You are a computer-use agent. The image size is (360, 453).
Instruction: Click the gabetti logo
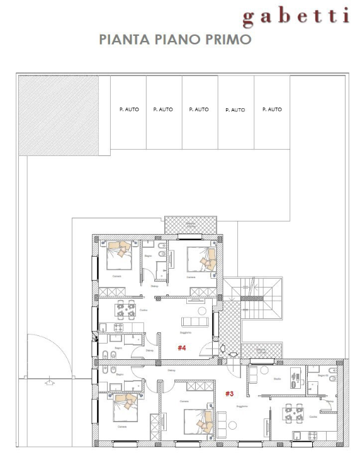click(295, 16)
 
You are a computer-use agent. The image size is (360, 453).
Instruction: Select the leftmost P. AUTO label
click(129, 109)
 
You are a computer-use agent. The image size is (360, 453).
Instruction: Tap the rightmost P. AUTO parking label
click(272, 109)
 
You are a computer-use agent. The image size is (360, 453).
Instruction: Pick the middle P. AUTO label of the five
click(199, 109)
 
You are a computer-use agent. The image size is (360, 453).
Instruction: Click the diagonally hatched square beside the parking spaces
click(58, 115)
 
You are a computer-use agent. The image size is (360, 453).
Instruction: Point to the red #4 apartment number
click(182, 347)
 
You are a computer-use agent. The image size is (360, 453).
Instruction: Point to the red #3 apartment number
click(230, 394)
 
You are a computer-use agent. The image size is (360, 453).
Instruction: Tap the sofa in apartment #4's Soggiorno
click(194, 322)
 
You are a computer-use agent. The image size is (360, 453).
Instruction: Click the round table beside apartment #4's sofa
click(202, 310)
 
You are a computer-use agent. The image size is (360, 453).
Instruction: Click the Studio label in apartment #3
click(276, 379)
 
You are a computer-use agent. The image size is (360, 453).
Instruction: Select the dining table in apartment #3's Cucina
click(293, 413)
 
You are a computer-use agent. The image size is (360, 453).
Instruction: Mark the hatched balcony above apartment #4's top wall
click(189, 226)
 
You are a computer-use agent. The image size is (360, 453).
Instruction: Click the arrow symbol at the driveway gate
click(47, 381)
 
